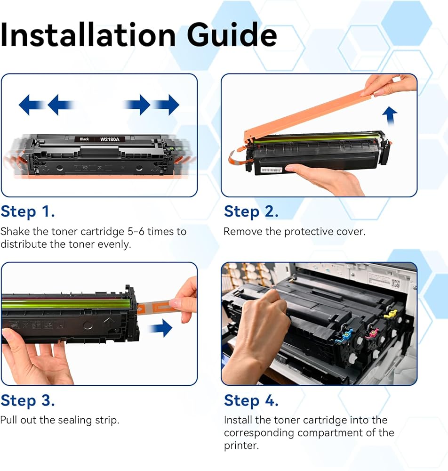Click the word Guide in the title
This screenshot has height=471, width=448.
point(232,35)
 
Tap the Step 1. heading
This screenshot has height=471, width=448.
point(28,212)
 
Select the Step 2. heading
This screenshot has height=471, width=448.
point(251,212)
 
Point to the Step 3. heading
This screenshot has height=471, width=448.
point(28,401)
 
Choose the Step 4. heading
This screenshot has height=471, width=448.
point(251,401)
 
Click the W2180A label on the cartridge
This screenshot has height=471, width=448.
point(110,139)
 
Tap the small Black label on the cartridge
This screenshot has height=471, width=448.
point(84,139)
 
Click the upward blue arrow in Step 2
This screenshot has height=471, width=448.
point(390,116)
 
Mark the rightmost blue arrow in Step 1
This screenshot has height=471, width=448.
point(167,105)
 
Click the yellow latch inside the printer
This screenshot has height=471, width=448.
point(391,314)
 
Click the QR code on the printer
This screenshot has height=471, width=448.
point(395,283)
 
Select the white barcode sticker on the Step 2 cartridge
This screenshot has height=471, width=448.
point(272,171)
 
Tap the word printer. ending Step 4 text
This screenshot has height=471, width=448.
point(241,446)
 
